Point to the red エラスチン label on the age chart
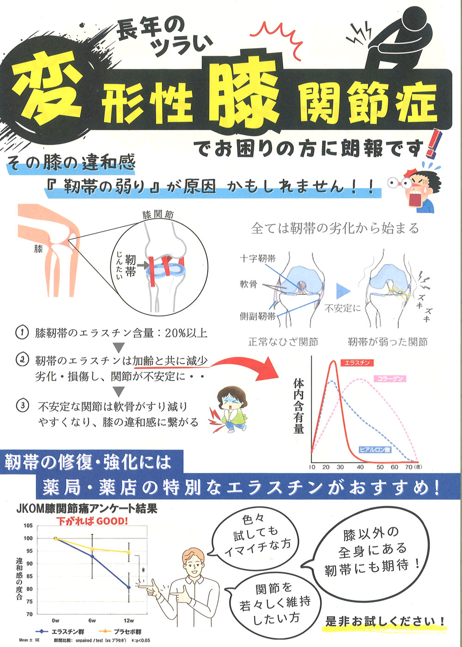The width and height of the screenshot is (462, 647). tap(357, 363)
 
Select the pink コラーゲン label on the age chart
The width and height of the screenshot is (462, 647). tap(390, 378)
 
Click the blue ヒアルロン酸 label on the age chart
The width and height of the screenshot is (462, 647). tap(375, 450)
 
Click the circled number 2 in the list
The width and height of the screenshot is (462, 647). tap(22, 360)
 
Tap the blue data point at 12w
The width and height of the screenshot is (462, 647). tap(129, 587)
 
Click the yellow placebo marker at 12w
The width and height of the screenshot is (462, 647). tap(129, 552)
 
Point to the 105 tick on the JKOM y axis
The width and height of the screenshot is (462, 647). tap(28, 525)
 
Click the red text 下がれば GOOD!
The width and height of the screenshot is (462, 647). tap(92, 521)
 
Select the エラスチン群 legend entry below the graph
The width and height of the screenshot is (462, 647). tap(60, 631)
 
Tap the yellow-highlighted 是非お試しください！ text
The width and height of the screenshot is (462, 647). tap(385, 621)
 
